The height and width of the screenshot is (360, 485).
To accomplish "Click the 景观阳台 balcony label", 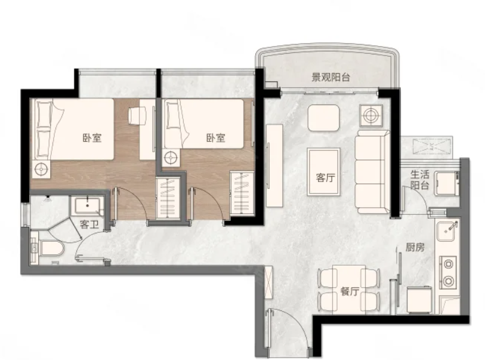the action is tap(330, 77).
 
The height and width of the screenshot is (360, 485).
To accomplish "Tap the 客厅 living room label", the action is tap(325, 177).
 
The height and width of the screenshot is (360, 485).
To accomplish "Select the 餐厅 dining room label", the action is tap(350, 291).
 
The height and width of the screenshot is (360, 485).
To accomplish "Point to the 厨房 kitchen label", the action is tap(415, 247).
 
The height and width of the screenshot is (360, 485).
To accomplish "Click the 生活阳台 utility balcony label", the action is tap(420, 180).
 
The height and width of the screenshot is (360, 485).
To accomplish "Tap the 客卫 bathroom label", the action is tap(89, 224).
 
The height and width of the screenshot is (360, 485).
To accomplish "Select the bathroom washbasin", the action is tap(87, 206).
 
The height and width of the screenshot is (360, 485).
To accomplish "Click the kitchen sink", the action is tap(447, 230).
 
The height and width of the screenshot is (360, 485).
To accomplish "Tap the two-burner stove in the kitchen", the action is tap(448, 272).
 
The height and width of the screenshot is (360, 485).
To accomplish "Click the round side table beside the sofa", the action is tap(371, 115).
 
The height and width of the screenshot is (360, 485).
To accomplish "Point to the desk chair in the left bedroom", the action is tap(137, 116).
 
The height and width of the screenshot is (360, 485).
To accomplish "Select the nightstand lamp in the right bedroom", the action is tap(171, 158).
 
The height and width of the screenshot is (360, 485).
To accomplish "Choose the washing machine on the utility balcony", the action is tap(447, 183).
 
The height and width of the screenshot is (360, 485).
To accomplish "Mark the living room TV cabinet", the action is tap(274, 165).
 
